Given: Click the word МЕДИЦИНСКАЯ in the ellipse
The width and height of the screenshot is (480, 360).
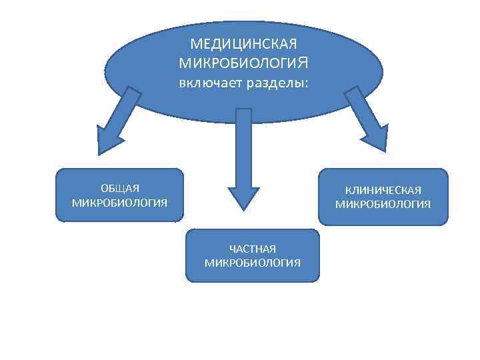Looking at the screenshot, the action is (243, 44).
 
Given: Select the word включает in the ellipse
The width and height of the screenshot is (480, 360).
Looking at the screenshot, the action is (211, 84).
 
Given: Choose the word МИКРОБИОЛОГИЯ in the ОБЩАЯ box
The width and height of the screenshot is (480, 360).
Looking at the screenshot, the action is (119, 201).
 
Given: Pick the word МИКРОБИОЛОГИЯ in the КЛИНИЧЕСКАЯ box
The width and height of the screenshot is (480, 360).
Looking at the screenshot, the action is (383, 204).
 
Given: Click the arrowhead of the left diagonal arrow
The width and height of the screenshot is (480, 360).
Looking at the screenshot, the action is (106, 141).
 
